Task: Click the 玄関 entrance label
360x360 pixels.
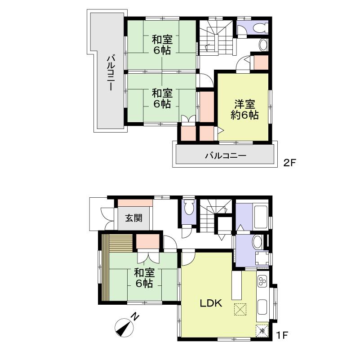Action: pyautogui.click(x=133, y=218)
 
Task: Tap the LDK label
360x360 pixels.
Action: pyautogui.click(x=211, y=303)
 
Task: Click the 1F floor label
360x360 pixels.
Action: pyautogui.click(x=282, y=335)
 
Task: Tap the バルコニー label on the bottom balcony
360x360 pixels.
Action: pyautogui.click(x=225, y=156)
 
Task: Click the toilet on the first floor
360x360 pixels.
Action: pyautogui.click(x=189, y=208)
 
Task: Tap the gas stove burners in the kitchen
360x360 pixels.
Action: pyautogui.click(x=262, y=282)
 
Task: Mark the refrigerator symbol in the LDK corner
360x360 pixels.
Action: pyautogui.click(x=262, y=330)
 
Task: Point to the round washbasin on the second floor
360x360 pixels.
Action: pyautogui.click(x=263, y=45)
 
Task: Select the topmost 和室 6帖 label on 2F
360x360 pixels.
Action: pyautogui.click(x=161, y=45)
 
